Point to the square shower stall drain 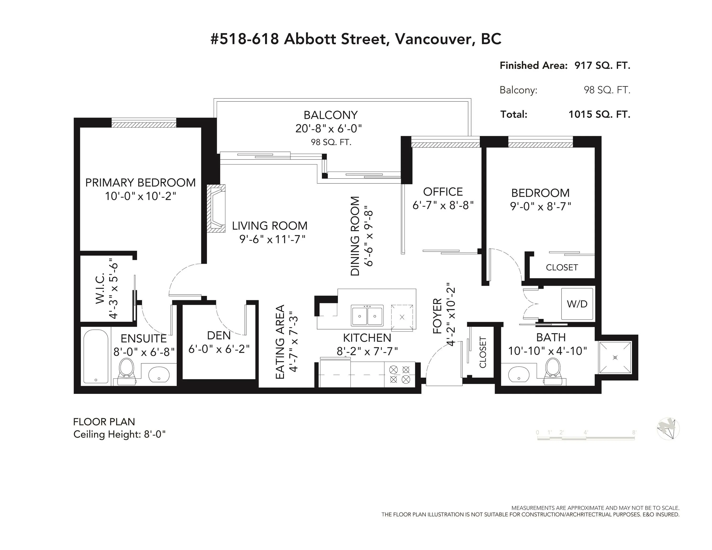pyautogui.click(x=615, y=357)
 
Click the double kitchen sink pyautogui.click(x=367, y=315)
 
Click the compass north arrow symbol pyautogui.click(x=668, y=428)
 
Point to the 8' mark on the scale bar pyautogui.click(x=634, y=432)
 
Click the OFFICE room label pyautogui.click(x=443, y=192)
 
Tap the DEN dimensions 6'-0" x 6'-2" pyautogui.click(x=219, y=349)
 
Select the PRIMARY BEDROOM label pyautogui.click(x=140, y=182)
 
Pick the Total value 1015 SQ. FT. pyautogui.click(x=600, y=114)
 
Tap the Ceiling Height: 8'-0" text pyautogui.click(x=120, y=434)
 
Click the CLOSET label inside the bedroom pyautogui.click(x=562, y=268)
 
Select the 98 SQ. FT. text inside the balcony pyautogui.click(x=331, y=142)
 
